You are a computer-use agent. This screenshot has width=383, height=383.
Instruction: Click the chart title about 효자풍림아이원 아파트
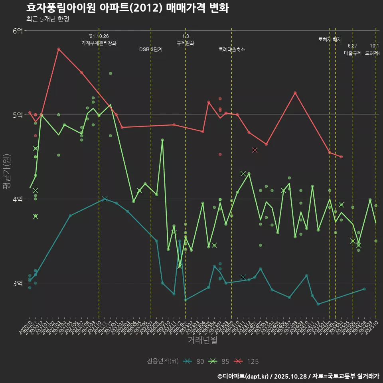127,8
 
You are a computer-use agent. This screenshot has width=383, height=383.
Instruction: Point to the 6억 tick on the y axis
18,31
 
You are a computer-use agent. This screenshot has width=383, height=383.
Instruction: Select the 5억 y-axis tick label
18,115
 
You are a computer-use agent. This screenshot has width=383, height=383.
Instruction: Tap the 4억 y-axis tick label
18,199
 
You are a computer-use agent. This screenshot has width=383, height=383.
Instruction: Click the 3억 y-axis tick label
18,283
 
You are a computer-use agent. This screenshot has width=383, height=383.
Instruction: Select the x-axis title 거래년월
202,340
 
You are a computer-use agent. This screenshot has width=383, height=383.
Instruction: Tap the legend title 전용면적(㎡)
163,361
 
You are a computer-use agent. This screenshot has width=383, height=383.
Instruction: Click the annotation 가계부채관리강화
99,43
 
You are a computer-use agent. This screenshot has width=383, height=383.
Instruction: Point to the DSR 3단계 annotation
150,49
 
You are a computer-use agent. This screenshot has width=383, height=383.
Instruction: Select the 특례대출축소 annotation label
231,49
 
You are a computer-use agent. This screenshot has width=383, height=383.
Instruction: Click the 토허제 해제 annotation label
330,39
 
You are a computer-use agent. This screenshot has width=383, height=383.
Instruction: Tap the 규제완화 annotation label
185,43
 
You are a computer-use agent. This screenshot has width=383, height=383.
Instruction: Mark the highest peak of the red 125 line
59,49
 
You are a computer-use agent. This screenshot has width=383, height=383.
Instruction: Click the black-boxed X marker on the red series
255,150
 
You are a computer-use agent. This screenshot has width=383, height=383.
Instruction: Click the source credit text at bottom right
298,376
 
